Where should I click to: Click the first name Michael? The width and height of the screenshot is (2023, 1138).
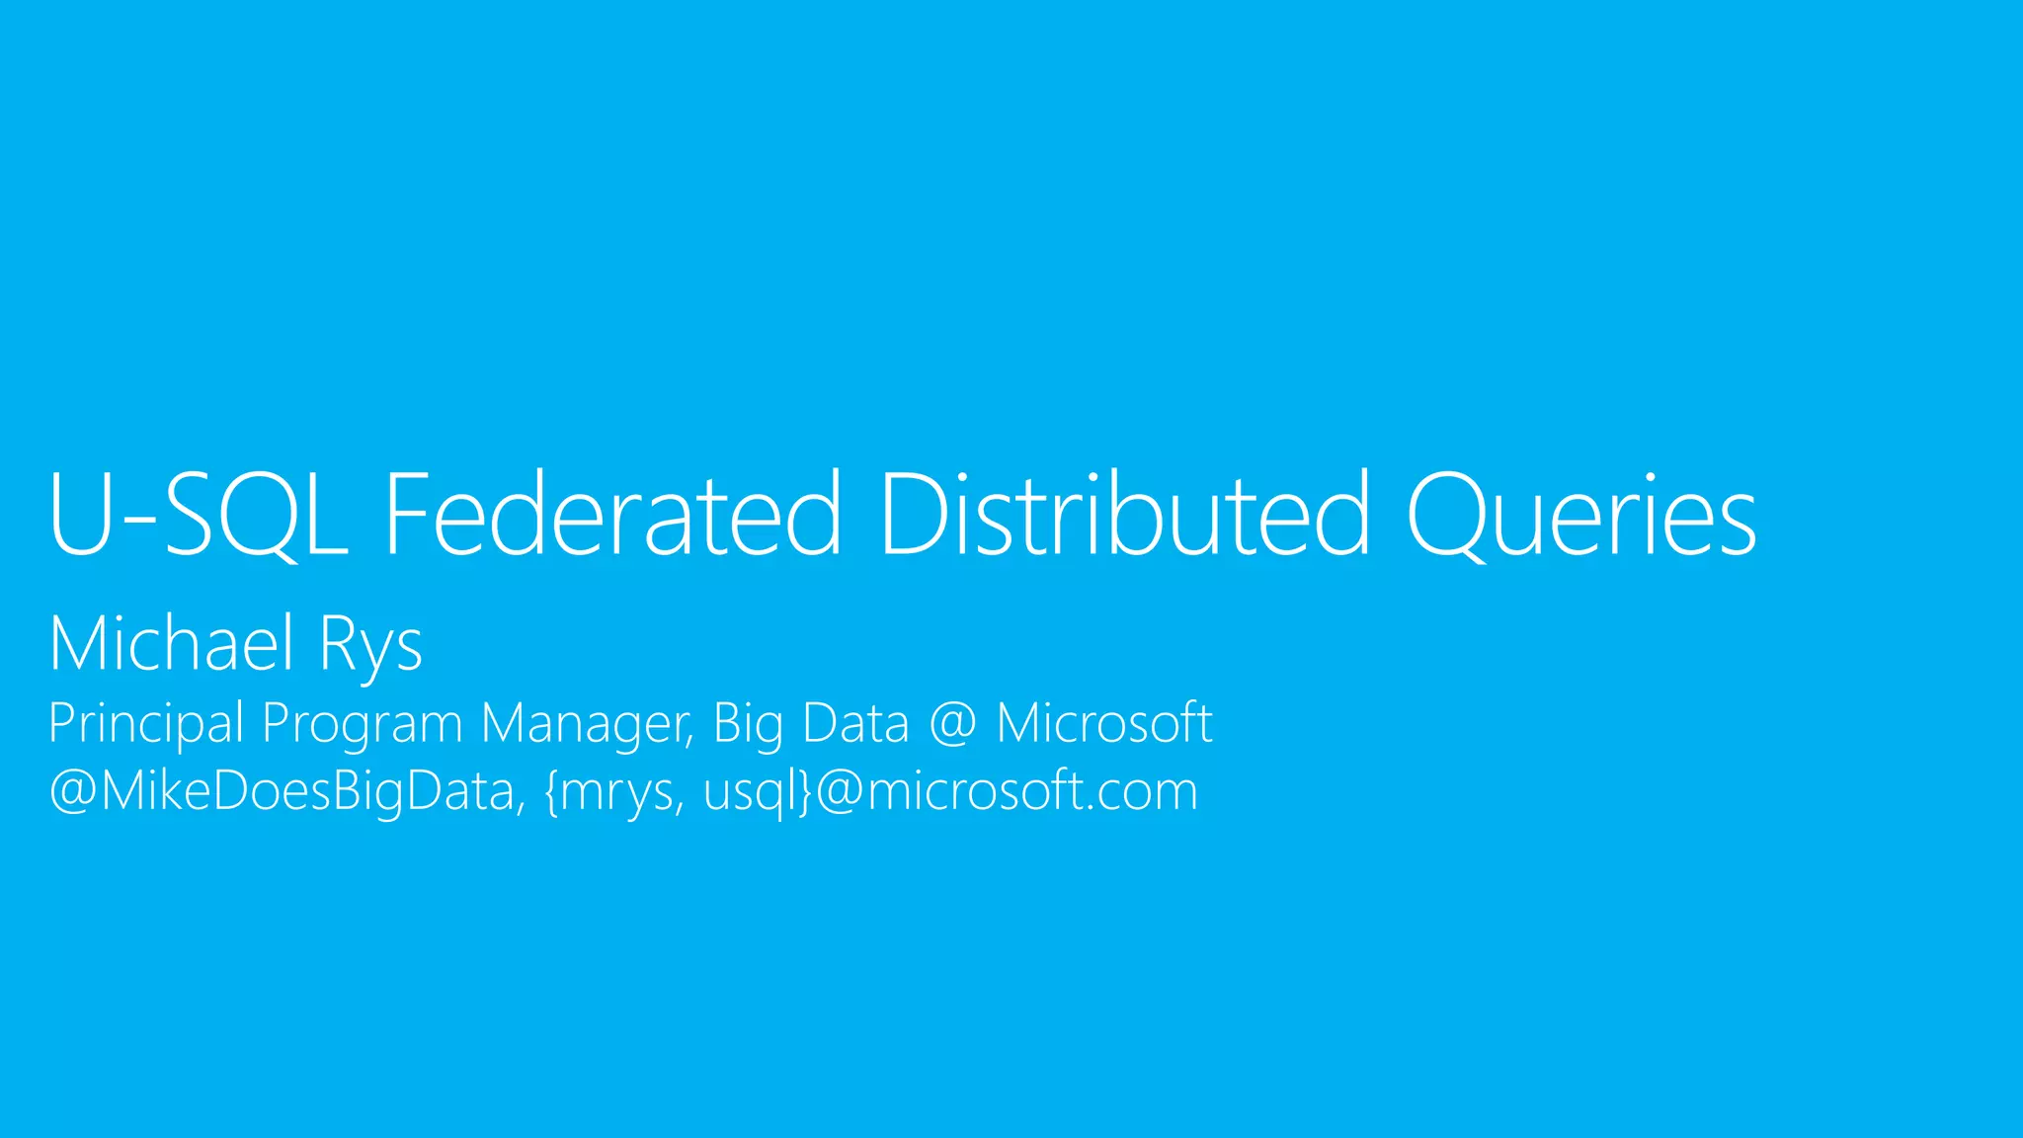point(171,644)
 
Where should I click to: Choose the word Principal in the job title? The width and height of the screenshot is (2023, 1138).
point(145,724)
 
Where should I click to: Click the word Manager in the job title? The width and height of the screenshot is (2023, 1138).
point(587,724)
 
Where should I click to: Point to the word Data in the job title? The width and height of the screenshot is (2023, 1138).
point(855,723)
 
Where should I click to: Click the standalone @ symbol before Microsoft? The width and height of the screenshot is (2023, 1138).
point(952,724)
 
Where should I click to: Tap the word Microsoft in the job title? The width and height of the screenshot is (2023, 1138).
point(1103,723)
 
